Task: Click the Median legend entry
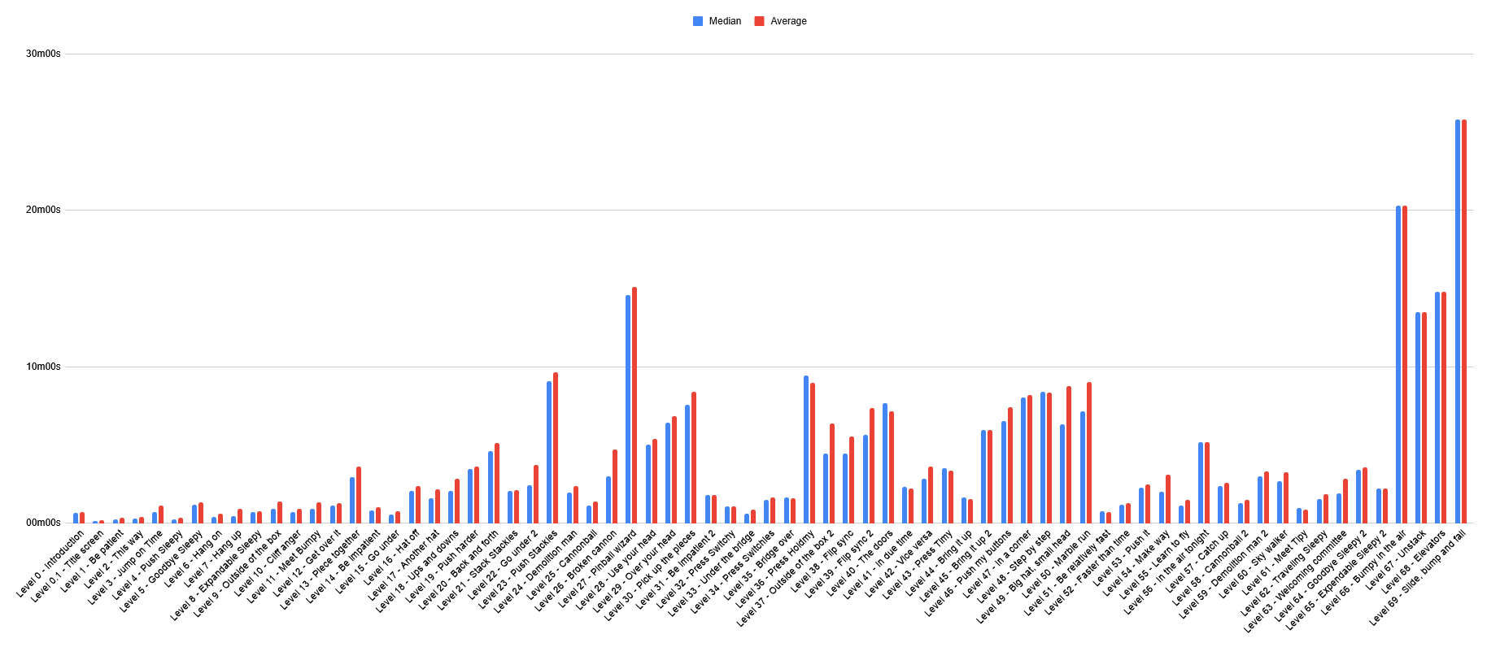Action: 717,21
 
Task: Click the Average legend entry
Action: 782,21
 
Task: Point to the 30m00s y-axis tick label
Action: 44,54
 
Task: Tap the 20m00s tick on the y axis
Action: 44,210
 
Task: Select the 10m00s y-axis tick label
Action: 44,367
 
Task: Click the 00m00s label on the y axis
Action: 44,523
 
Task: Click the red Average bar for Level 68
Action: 1444,407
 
